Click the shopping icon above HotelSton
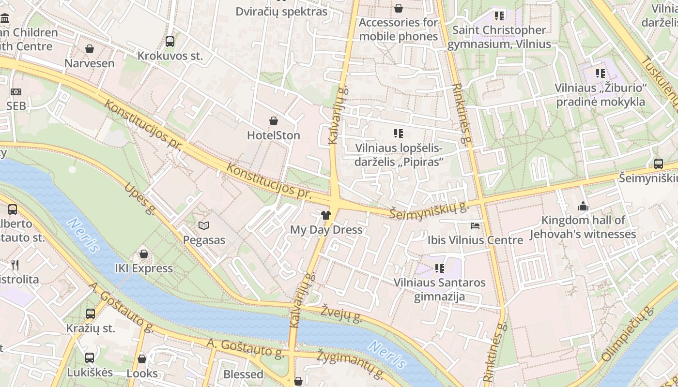point(274,121)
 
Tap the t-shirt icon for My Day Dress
point(325,215)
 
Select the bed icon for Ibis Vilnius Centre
point(475,225)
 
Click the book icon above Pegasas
point(204,225)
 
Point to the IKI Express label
point(144,268)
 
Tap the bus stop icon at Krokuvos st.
point(169,42)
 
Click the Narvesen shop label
point(90,63)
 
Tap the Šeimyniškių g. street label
point(430,209)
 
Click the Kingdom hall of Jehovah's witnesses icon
point(583,206)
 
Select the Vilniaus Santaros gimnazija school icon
point(439,268)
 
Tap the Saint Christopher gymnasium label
point(499,37)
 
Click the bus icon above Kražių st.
point(90,314)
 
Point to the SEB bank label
point(16,105)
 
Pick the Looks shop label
point(142,373)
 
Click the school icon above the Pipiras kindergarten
point(398,134)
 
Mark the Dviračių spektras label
point(281,12)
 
